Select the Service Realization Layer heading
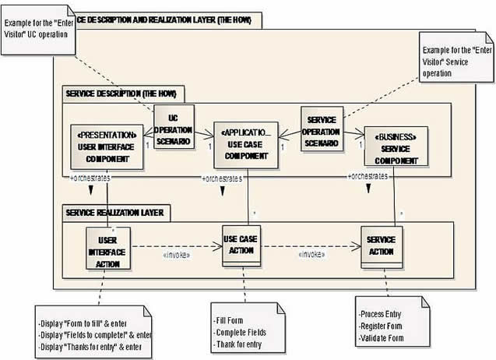[118, 212]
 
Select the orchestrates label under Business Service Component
[368, 176]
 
